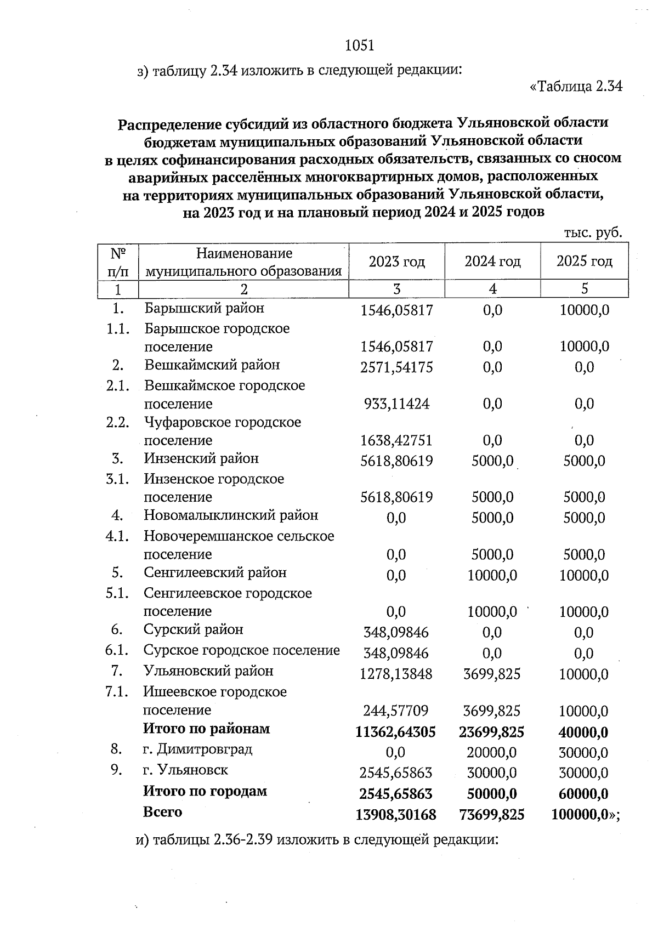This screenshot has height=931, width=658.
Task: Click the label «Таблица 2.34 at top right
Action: [576, 87]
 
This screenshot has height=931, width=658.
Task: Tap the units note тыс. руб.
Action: [593, 232]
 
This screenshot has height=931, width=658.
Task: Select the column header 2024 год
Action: [492, 262]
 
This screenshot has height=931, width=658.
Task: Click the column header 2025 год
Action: [584, 262]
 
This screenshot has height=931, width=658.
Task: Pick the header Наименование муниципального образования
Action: [243, 262]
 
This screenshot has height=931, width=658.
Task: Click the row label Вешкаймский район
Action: [212, 365]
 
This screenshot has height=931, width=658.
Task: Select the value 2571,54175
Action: [396, 367]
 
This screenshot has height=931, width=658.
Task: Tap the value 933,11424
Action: [396, 404]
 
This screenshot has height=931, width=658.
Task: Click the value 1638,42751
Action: [396, 441]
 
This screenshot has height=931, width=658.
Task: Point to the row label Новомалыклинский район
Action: [231, 515]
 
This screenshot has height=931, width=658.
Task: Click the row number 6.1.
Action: [117, 651]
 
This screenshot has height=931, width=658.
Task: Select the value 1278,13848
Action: [396, 674]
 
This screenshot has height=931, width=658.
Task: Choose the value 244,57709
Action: [396, 711]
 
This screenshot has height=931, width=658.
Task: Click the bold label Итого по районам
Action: [207, 729]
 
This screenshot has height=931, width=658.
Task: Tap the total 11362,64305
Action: [396, 733]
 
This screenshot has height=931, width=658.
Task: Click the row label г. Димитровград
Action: [197, 750]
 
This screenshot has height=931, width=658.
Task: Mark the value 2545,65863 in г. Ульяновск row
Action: [396, 774]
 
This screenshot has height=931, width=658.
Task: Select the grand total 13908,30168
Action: [396, 815]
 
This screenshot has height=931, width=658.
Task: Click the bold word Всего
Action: [162, 812]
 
